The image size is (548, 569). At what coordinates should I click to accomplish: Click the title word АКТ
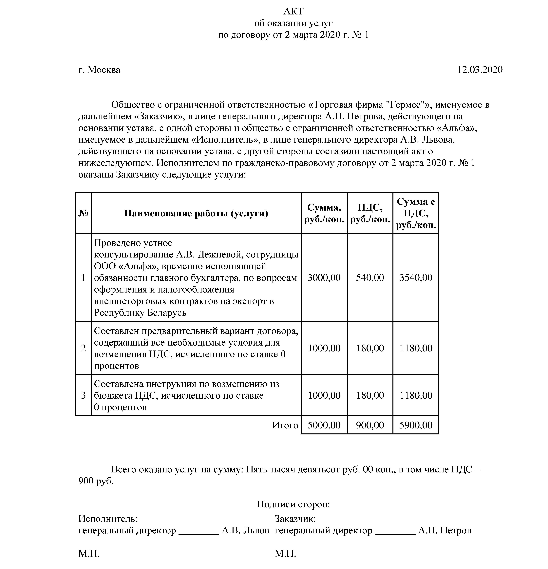coord(293,11)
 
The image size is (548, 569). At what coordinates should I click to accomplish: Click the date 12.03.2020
coord(480,70)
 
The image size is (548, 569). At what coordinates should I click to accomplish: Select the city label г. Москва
coord(99,70)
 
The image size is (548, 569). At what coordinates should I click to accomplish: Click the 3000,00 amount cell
coord(324,277)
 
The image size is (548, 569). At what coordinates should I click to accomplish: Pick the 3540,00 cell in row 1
coord(416,277)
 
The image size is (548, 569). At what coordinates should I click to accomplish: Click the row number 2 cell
coord(83,348)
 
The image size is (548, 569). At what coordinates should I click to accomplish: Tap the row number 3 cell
coord(83,395)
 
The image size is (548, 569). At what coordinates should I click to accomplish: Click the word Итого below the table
coord(285,425)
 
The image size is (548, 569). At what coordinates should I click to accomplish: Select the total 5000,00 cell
coord(324,425)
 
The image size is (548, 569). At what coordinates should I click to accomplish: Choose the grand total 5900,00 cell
coord(416,425)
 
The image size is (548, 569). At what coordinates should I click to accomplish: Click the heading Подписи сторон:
coord(293,504)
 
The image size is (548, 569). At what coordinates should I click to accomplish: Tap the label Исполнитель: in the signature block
coord(108,519)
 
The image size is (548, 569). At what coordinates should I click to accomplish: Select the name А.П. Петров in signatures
coord(445,530)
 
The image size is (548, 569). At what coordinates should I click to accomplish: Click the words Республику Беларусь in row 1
coord(140,313)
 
